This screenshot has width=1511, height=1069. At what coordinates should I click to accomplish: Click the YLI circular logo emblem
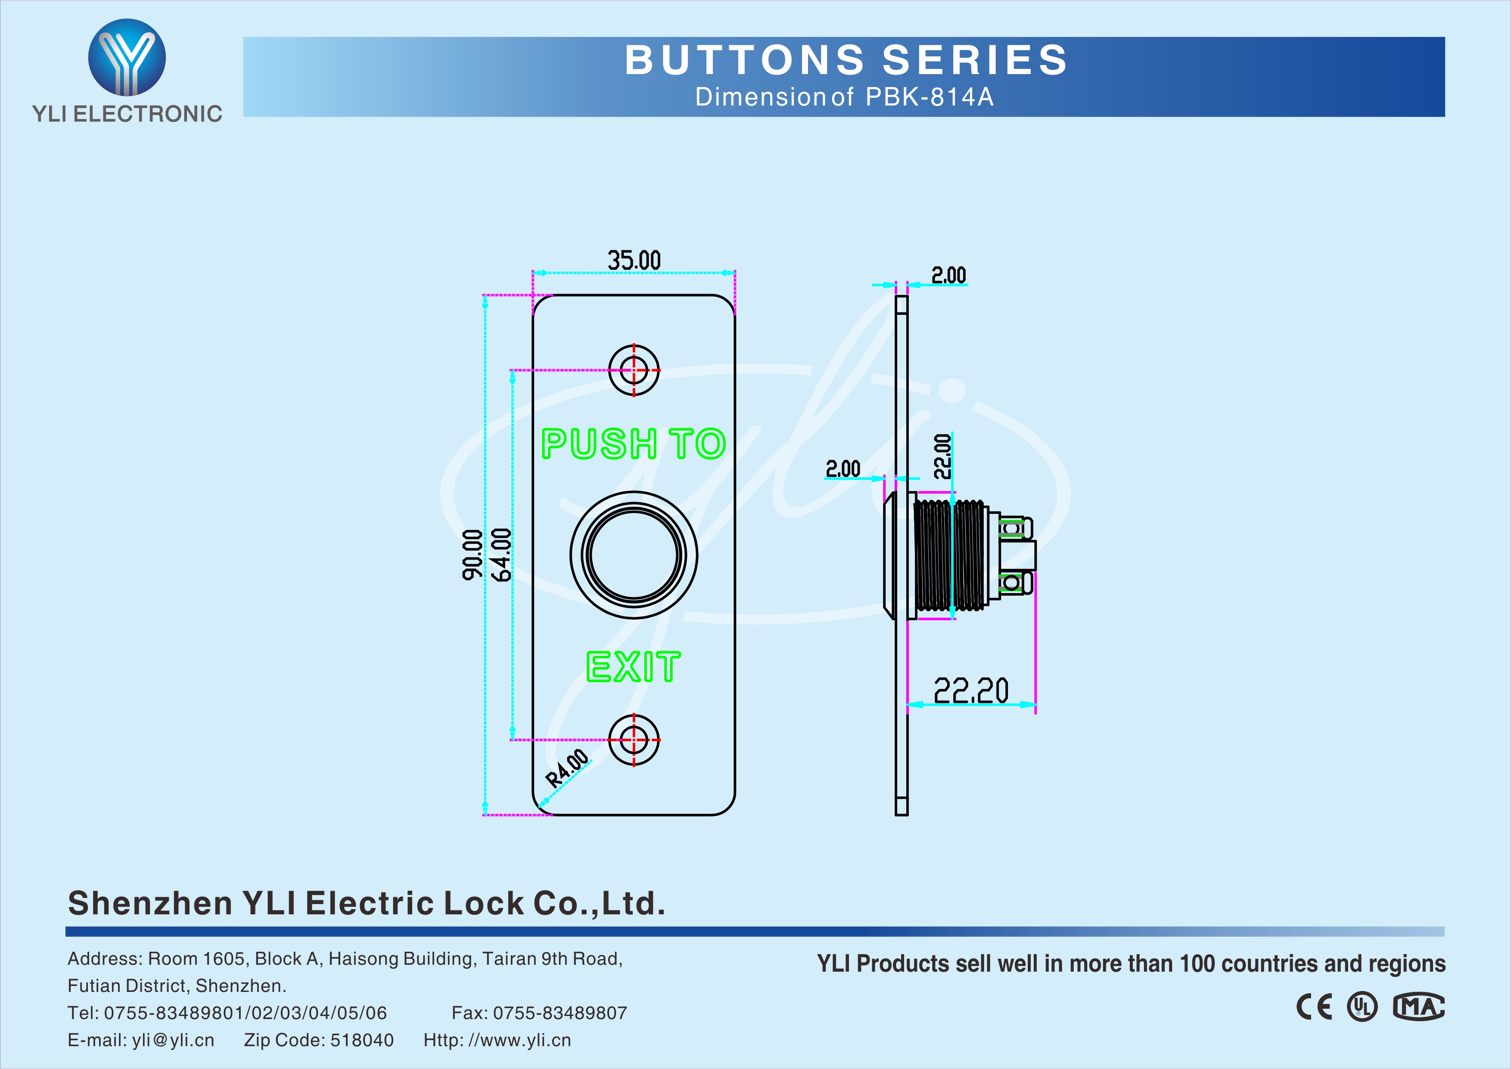(x=127, y=57)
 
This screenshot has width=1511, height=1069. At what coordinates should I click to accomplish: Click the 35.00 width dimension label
(x=634, y=261)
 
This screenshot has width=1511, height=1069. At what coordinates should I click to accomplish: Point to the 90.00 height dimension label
(x=472, y=554)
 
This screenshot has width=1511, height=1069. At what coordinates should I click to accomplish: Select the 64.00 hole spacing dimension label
(x=501, y=554)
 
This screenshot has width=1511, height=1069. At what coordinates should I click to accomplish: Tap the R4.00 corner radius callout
(x=567, y=768)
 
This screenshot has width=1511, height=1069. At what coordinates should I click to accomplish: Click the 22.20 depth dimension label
(x=971, y=690)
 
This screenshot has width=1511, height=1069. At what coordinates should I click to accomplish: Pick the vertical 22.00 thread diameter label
(x=943, y=456)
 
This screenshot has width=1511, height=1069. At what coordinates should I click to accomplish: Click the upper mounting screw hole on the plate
(x=634, y=370)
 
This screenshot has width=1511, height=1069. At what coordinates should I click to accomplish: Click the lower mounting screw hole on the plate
(x=634, y=739)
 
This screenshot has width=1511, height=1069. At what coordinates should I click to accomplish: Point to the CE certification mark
(x=1314, y=1007)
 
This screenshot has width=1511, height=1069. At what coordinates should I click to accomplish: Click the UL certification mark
(x=1362, y=1007)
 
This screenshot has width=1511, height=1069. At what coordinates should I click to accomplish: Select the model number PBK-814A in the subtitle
(x=929, y=97)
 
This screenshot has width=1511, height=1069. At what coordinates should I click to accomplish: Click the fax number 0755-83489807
(x=560, y=1013)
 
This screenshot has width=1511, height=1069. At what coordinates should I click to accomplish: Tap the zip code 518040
(x=361, y=1040)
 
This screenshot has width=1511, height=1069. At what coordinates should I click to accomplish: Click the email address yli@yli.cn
(x=173, y=1040)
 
